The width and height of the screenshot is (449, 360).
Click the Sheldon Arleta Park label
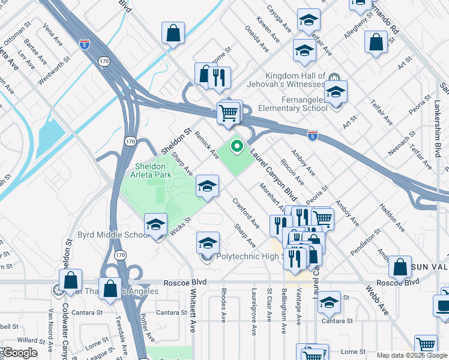[x=153, y=170]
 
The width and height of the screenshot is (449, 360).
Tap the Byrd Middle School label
[x=113, y=234]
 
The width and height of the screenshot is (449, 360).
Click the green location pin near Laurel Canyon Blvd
[x=237, y=146]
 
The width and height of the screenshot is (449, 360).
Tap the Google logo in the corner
[x=19, y=353]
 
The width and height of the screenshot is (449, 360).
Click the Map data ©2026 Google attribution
[x=411, y=355]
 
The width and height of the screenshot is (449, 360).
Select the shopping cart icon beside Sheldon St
[x=228, y=113]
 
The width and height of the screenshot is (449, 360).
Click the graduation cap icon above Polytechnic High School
[x=208, y=243]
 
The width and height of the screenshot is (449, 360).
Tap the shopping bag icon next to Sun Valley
[x=400, y=266]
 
